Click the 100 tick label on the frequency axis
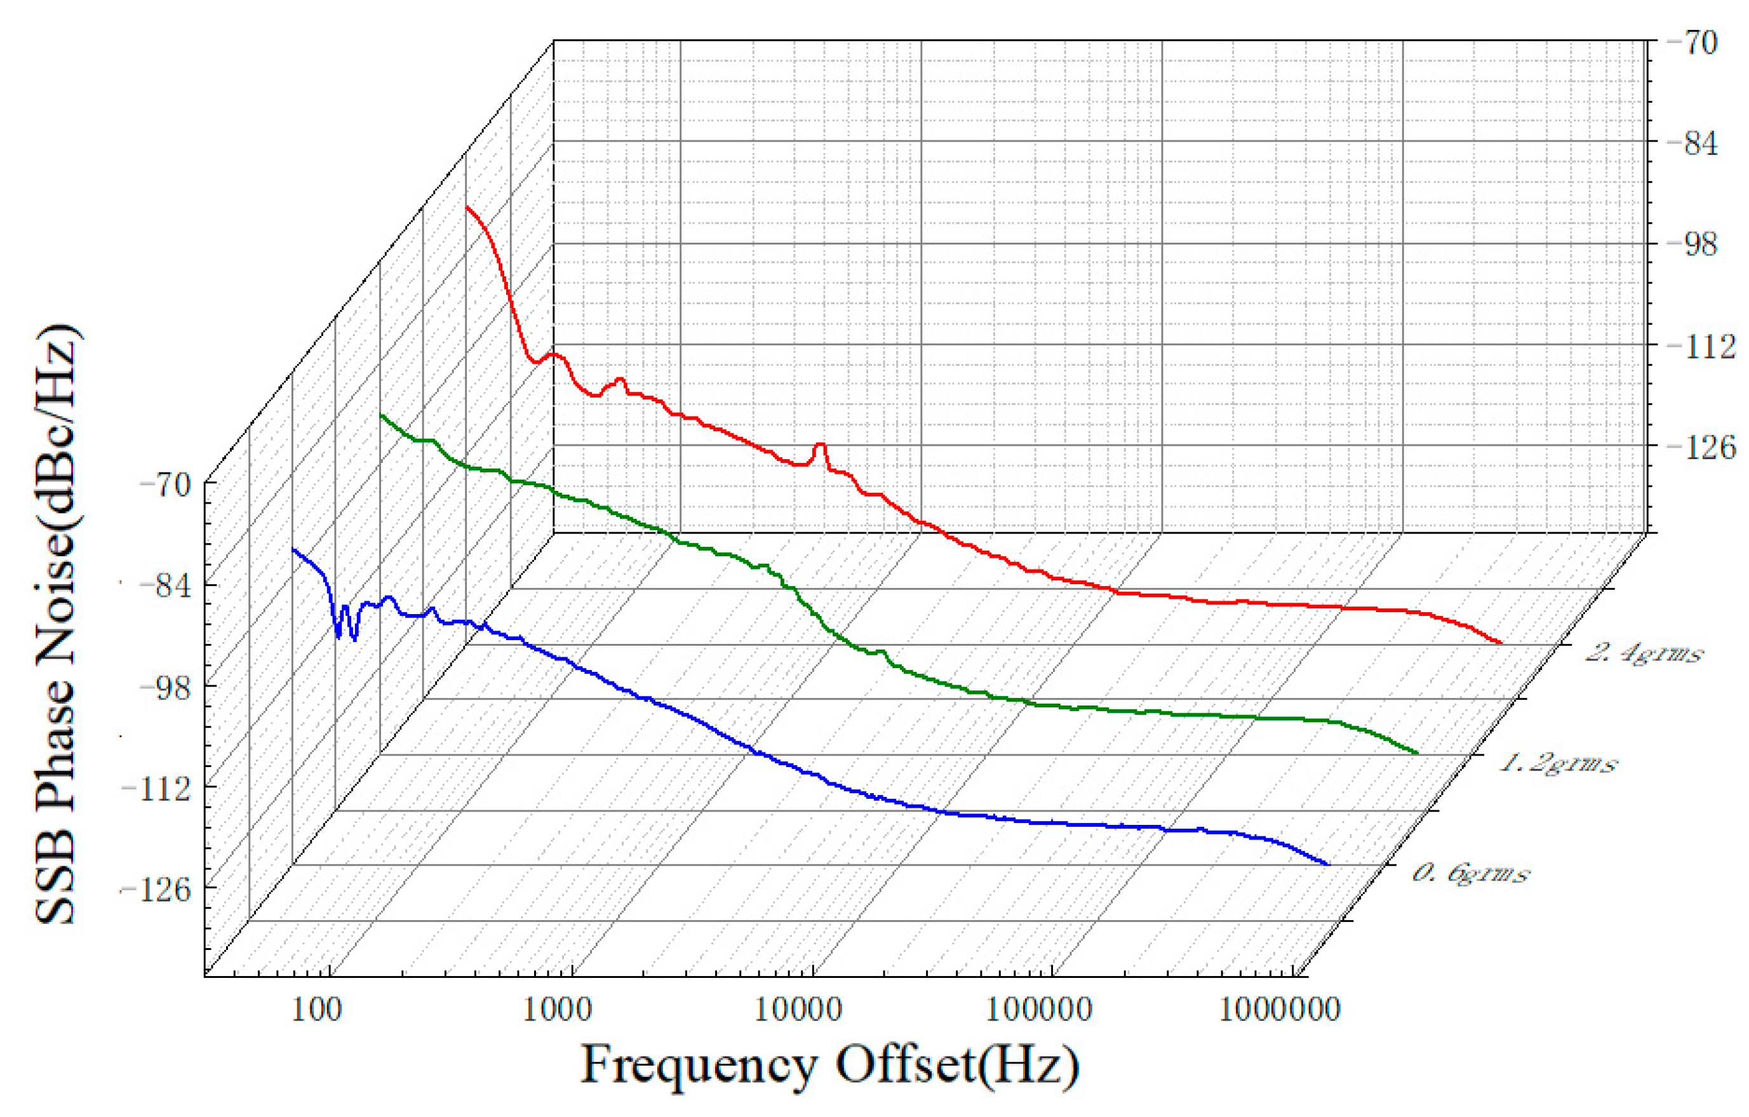(316, 1010)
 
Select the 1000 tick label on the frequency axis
(557, 1010)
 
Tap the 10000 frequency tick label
(798, 1010)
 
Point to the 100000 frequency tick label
(1038, 1010)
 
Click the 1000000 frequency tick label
(1279, 1010)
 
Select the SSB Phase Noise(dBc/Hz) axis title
(58, 625)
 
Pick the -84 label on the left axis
(165, 585)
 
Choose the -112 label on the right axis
(1699, 347)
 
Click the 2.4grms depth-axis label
(1643, 653)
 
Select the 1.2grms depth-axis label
(1558, 763)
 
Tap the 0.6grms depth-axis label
(1470, 873)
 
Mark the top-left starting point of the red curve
(467, 207)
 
